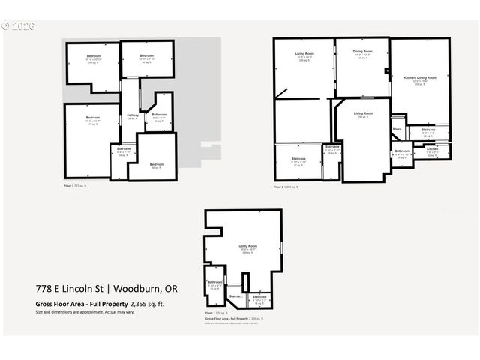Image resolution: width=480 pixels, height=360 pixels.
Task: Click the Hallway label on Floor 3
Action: click(132, 115)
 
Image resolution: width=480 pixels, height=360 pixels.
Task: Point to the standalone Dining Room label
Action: click(362, 52)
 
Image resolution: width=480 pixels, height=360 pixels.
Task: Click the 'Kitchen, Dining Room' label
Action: click(419, 78)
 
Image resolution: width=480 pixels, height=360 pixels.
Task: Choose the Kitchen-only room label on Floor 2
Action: click(433, 149)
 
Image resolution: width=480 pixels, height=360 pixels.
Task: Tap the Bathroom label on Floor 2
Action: click(402, 151)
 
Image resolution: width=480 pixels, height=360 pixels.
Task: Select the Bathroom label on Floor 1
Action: click(215, 282)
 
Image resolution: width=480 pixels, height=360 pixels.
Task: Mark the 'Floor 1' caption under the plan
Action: click(214, 311)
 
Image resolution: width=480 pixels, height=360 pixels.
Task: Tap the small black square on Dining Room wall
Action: click(387, 72)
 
